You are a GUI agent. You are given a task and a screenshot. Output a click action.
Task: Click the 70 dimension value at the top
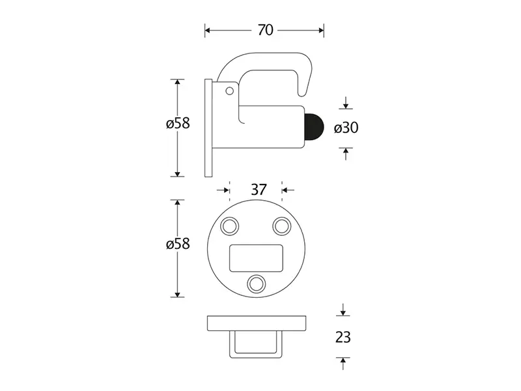pyautogui.click(x=265, y=30)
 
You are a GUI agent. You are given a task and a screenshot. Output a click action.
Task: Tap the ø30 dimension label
pyautogui.click(x=346, y=128)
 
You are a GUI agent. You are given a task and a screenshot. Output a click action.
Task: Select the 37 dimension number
pyautogui.click(x=259, y=190)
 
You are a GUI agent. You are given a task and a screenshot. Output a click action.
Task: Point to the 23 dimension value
pyautogui.click(x=343, y=337)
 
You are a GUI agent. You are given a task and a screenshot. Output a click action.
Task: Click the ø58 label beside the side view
pyautogui.click(x=178, y=123)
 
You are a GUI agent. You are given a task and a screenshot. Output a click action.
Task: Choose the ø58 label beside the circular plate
pyautogui.click(x=178, y=244)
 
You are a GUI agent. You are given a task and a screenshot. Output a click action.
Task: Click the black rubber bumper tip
pyautogui.click(x=314, y=128)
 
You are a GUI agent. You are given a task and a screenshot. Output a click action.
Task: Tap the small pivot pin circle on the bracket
pyautogui.click(x=230, y=91)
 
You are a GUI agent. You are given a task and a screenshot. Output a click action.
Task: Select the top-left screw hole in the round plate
pyautogui.click(x=230, y=226)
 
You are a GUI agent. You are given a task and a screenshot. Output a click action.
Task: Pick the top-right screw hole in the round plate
pyautogui.click(x=282, y=226)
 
